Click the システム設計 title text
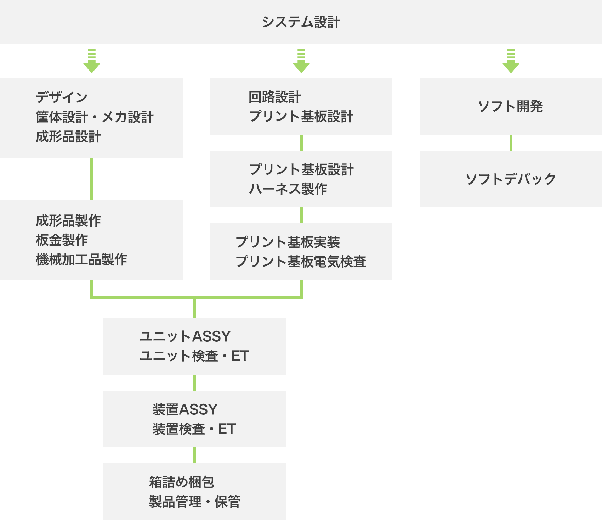[301, 22]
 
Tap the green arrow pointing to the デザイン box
[92, 62]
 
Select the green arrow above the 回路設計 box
[301, 62]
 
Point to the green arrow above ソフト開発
[511, 62]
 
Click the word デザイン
[62, 97]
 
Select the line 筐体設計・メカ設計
[95, 117]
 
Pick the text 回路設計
[274, 97]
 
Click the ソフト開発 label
[510, 106]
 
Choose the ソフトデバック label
[510, 179]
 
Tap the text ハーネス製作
[288, 189]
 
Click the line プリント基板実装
[288, 242]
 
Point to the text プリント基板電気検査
[301, 262]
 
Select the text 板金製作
[62, 240]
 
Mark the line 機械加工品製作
[81, 259]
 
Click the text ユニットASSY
[185, 336]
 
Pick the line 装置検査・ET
[194, 429]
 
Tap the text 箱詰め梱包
[181, 482]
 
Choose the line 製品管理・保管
[194, 502]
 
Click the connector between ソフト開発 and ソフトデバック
[511, 142]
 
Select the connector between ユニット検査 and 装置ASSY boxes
[195, 382]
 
